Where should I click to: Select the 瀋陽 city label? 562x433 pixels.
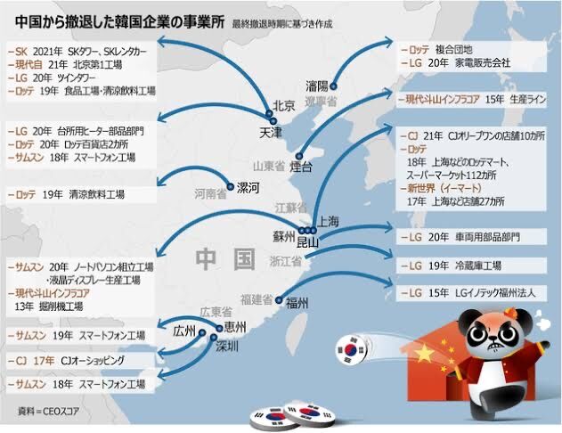pyautogui.click(x=318, y=86)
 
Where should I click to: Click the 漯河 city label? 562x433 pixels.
pyautogui.click(x=248, y=187)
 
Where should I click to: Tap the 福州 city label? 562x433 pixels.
pyautogui.click(x=297, y=303)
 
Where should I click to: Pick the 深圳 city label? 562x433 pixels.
pyautogui.click(x=228, y=346)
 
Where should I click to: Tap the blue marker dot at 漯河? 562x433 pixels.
pyautogui.click(x=230, y=187)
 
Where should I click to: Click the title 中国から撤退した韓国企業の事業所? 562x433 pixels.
pyautogui.click(x=113, y=19)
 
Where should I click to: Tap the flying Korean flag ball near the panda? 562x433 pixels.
pyautogui.click(x=352, y=350)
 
